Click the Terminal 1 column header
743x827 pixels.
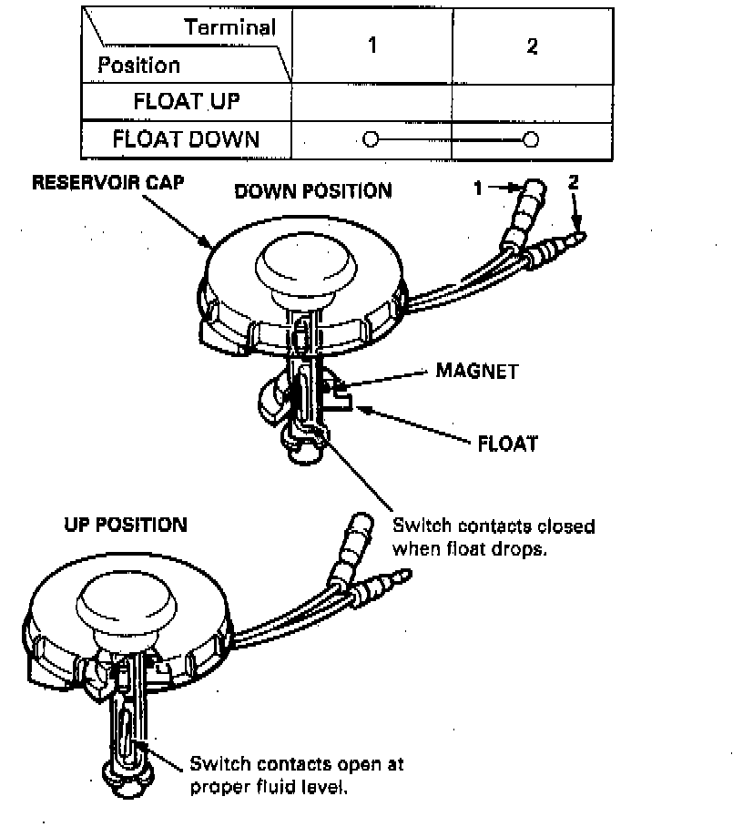371,46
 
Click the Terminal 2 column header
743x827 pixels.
532,46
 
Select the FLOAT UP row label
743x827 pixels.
187,101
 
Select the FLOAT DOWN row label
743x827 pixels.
187,139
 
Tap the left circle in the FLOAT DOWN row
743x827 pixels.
369,139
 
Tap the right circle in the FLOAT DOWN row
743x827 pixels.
532,139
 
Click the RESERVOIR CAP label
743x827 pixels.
108,182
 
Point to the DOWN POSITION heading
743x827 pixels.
312,191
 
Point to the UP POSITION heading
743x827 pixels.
126,525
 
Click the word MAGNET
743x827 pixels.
476,371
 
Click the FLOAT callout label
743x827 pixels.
507,444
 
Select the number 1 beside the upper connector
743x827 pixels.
477,189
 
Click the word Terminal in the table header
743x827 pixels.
229,27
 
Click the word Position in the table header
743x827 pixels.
138,66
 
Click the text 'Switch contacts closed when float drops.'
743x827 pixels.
493,537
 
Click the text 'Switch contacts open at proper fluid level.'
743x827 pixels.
296,775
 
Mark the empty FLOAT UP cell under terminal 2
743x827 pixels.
532,101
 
